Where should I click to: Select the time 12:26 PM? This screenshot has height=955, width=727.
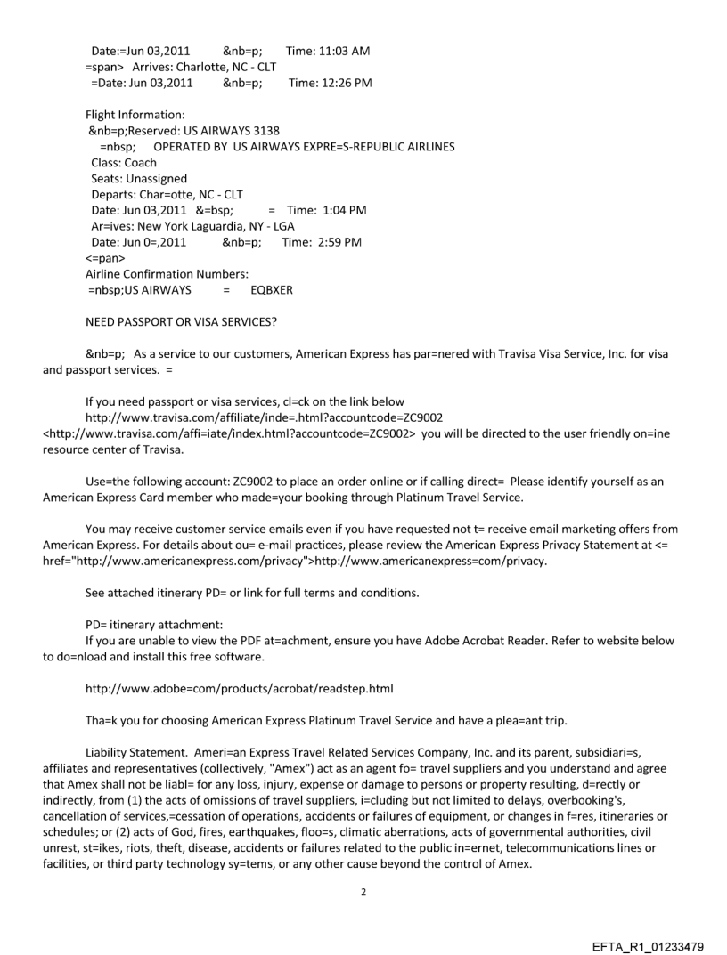pos(342,83)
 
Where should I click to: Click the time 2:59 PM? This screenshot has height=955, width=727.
pos(334,242)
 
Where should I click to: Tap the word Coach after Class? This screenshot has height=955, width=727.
pos(140,163)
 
